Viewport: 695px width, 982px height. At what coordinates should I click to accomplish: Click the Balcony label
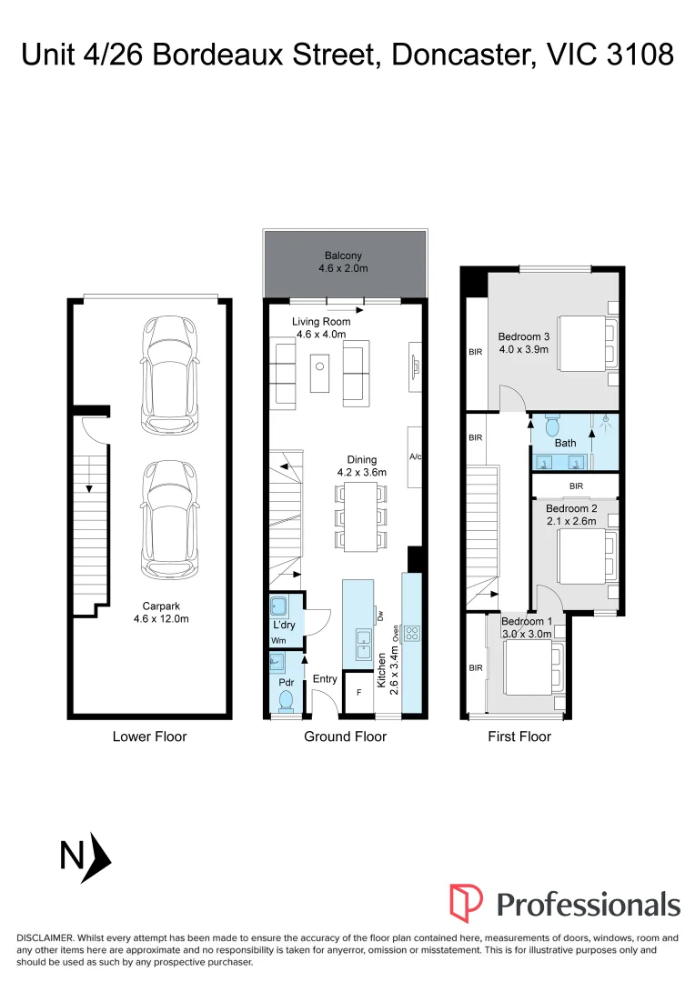(x=343, y=256)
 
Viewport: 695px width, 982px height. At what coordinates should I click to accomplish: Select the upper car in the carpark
(x=169, y=375)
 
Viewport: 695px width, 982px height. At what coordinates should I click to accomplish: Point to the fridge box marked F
(x=358, y=692)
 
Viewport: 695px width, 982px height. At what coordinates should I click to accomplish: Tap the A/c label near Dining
(x=416, y=457)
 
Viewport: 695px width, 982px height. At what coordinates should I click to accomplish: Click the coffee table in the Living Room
(x=319, y=373)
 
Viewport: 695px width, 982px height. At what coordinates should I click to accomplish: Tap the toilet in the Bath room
(x=552, y=425)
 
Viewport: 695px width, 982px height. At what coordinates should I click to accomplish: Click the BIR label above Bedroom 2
(x=575, y=486)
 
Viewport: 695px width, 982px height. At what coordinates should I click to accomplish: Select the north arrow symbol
(x=95, y=857)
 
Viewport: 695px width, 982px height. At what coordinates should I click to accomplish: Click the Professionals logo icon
(x=466, y=903)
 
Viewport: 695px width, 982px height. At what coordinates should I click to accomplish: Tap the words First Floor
(x=519, y=736)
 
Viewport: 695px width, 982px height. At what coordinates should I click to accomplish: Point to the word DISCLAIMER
(x=48, y=937)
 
